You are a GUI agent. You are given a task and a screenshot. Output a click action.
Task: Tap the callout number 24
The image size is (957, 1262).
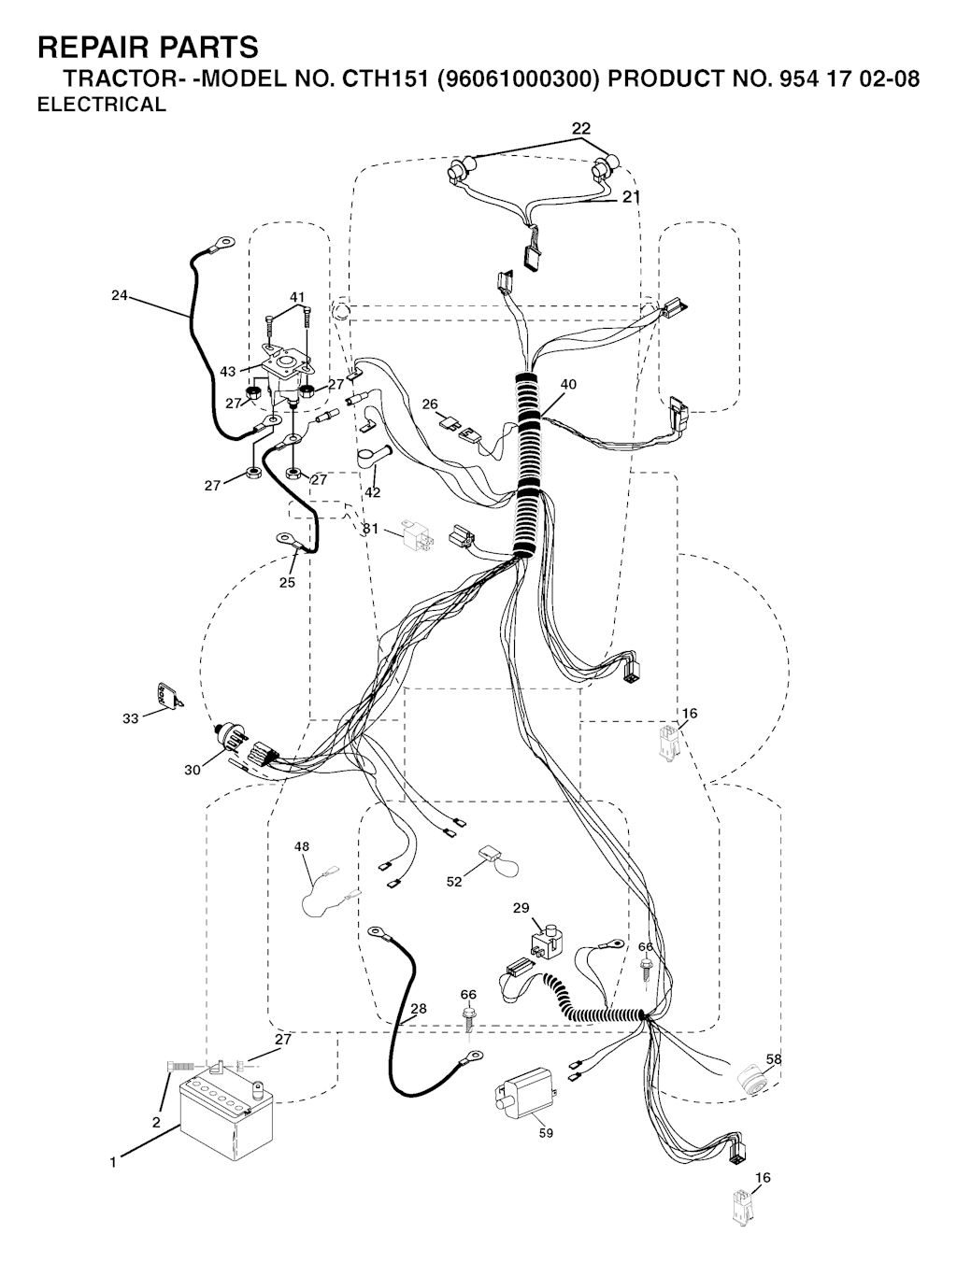click(119, 295)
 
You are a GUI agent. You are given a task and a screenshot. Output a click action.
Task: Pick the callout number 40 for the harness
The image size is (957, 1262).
click(568, 384)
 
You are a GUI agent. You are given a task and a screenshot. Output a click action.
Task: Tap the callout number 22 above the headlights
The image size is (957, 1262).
click(581, 128)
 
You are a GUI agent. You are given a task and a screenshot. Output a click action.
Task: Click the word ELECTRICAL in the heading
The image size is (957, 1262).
click(101, 105)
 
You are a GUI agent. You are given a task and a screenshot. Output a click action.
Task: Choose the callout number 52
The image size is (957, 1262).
click(454, 882)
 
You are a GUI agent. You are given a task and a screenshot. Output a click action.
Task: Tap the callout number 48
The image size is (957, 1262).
click(302, 846)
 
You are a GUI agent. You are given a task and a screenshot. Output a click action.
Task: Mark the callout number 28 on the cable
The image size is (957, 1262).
click(418, 1008)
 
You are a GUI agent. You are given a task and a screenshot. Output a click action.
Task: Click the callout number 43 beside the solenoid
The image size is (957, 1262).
click(228, 372)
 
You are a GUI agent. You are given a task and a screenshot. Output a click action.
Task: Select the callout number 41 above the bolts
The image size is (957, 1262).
click(297, 297)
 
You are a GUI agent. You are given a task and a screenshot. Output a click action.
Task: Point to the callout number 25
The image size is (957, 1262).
click(287, 583)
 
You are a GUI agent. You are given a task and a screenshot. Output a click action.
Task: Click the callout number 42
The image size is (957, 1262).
click(373, 492)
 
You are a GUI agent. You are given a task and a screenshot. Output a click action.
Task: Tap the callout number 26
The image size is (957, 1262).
click(429, 404)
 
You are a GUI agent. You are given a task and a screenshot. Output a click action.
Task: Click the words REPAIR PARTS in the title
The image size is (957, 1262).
click(148, 47)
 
